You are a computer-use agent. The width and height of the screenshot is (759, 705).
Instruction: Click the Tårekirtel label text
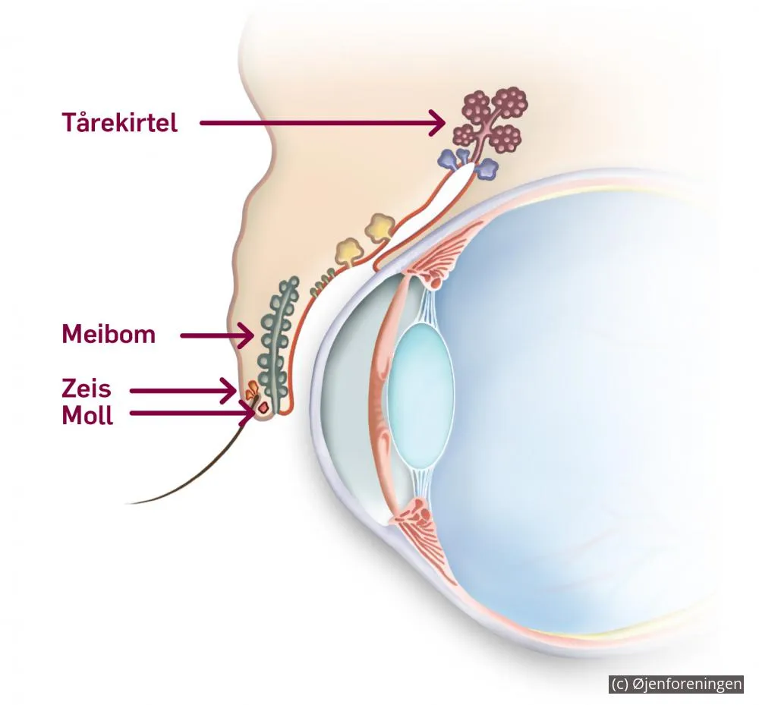(x=120, y=122)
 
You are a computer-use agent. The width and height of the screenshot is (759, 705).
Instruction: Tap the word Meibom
(x=109, y=334)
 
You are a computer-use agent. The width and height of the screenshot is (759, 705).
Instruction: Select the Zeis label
(x=87, y=388)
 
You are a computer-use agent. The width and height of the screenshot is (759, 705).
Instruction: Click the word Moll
(x=87, y=415)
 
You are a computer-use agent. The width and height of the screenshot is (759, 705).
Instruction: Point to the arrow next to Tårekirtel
(x=323, y=123)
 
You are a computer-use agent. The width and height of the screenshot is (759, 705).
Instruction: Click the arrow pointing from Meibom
(x=217, y=335)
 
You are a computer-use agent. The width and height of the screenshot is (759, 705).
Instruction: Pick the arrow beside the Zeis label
(x=183, y=391)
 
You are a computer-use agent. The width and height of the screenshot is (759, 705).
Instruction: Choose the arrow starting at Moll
(x=193, y=414)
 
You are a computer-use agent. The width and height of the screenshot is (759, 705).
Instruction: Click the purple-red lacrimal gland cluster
(x=489, y=119)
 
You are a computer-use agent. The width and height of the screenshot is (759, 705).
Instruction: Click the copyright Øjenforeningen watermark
(x=676, y=684)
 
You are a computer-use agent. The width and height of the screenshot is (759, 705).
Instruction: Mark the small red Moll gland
(x=264, y=408)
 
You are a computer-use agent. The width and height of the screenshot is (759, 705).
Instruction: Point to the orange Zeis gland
(x=252, y=389)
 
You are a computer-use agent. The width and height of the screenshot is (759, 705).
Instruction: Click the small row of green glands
(x=323, y=282)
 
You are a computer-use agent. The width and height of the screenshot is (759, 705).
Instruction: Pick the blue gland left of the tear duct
(x=453, y=158)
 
